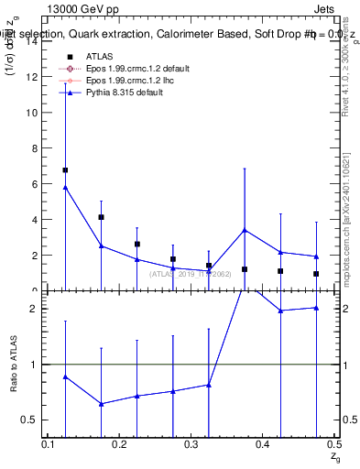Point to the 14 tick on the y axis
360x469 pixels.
pyautogui.click(x=33, y=41)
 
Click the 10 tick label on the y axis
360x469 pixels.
pyautogui.click(x=33, y=113)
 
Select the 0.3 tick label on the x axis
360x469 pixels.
pyautogui.click(x=191, y=444)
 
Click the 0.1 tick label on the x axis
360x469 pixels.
pyautogui.click(x=49, y=444)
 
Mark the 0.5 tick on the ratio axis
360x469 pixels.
pyautogui.click(x=37, y=420)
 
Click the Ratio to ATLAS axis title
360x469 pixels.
pyautogui.click(x=12, y=365)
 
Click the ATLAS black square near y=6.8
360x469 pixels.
pyautogui.click(x=65, y=170)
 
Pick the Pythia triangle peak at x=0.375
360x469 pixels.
pyautogui.click(x=245, y=230)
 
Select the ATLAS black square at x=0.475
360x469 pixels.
pyautogui.click(x=316, y=274)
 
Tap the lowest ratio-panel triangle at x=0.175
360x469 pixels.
pyautogui.click(x=101, y=404)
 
